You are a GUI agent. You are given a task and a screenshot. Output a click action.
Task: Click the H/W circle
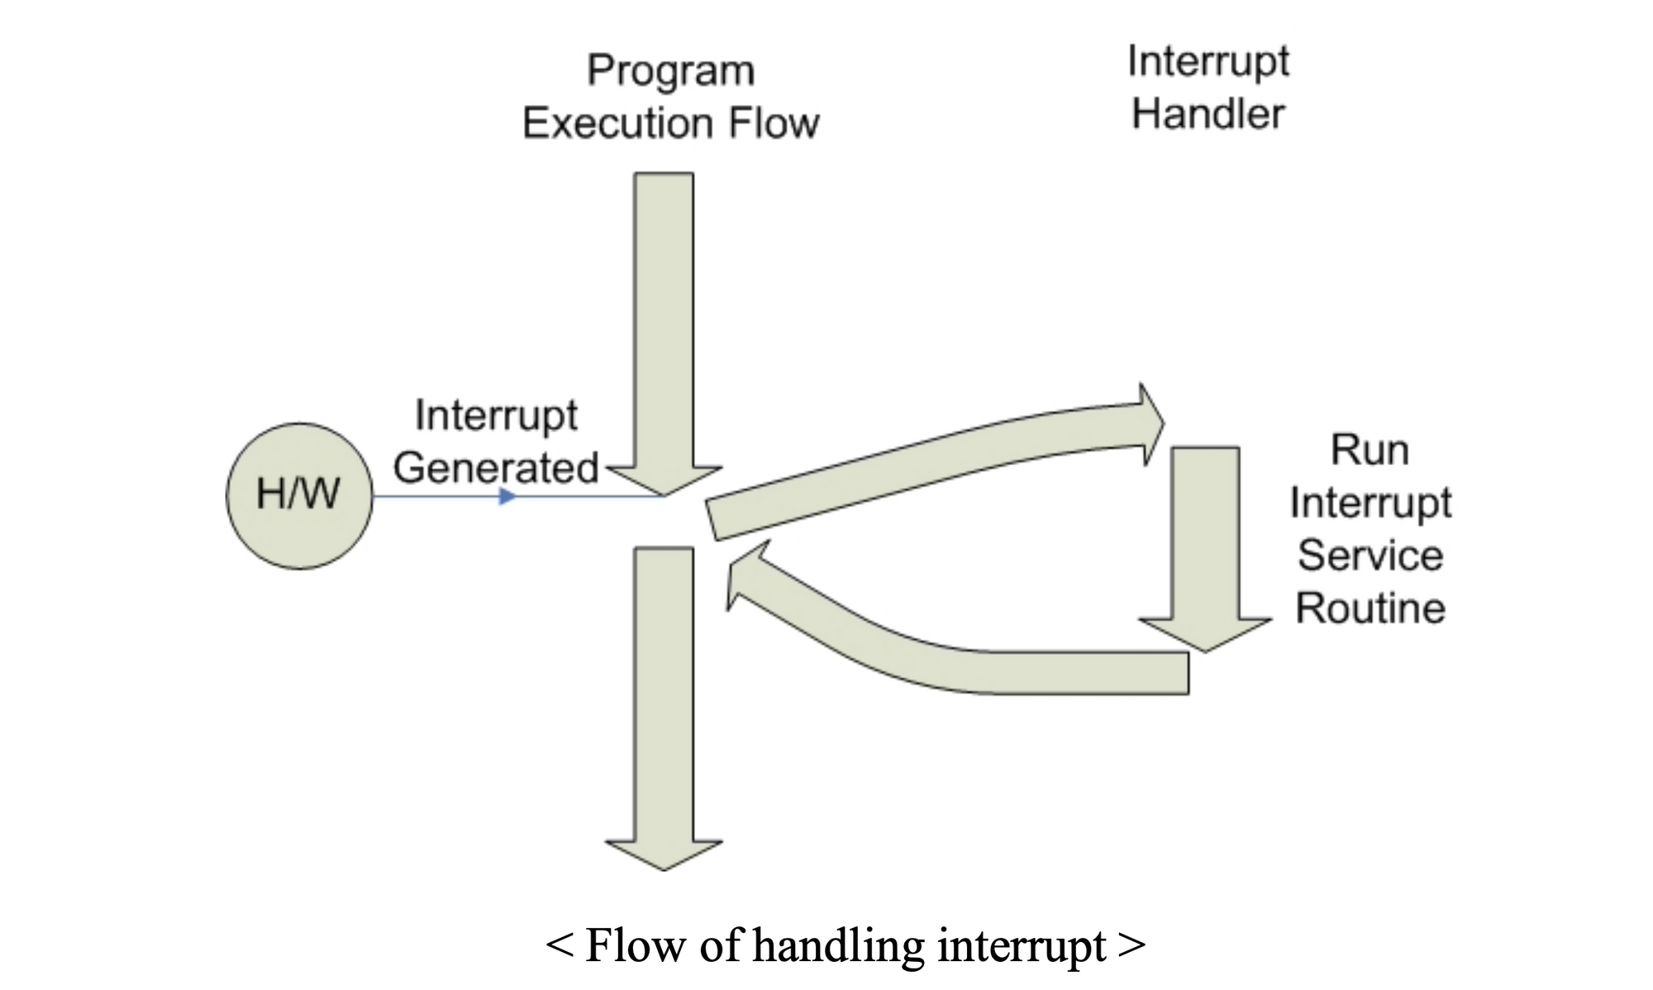[299, 496]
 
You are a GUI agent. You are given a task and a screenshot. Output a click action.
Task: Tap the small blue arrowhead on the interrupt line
[507, 496]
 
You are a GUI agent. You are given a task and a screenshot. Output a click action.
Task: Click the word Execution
[617, 123]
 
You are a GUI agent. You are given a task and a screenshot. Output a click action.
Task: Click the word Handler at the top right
[1208, 114]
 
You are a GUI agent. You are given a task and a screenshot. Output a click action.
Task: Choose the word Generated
[496, 468]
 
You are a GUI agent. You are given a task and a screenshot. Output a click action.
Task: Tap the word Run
[1370, 450]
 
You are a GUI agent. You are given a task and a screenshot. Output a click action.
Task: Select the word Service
[1370, 555]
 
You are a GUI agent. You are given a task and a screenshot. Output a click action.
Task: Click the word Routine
[1370, 608]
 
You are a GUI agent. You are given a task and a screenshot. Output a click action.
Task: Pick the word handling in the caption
[838, 946]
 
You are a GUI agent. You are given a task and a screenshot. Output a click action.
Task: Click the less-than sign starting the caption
[560, 946]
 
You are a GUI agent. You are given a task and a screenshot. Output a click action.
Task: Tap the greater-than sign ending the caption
[1131, 946]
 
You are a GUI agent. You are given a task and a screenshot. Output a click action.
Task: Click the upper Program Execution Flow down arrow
[664, 331]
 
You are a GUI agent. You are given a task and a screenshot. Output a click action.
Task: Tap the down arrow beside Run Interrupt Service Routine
[1205, 545]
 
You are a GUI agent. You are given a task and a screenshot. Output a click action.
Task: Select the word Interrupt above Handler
[1208, 62]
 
